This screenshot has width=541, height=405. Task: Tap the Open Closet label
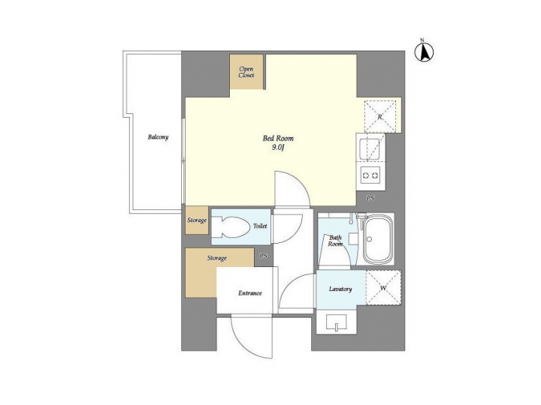[x=246, y=72]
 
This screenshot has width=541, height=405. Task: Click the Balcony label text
[x=158, y=137]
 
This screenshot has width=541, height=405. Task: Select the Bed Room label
[x=278, y=138]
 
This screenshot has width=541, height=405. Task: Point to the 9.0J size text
[x=278, y=148]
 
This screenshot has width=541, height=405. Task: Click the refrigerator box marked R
[x=379, y=116]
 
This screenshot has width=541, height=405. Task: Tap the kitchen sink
[x=371, y=150]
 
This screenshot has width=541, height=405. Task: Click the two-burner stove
[x=371, y=176]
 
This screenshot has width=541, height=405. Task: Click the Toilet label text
[x=260, y=225]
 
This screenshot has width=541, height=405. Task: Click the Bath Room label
[x=335, y=241]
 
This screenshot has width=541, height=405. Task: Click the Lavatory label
[x=340, y=289]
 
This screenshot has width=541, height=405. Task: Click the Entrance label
[x=250, y=292]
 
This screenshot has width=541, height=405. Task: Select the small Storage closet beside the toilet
[x=197, y=220]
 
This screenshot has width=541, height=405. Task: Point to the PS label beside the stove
[x=370, y=198]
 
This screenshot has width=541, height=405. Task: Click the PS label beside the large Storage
[x=263, y=256]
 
